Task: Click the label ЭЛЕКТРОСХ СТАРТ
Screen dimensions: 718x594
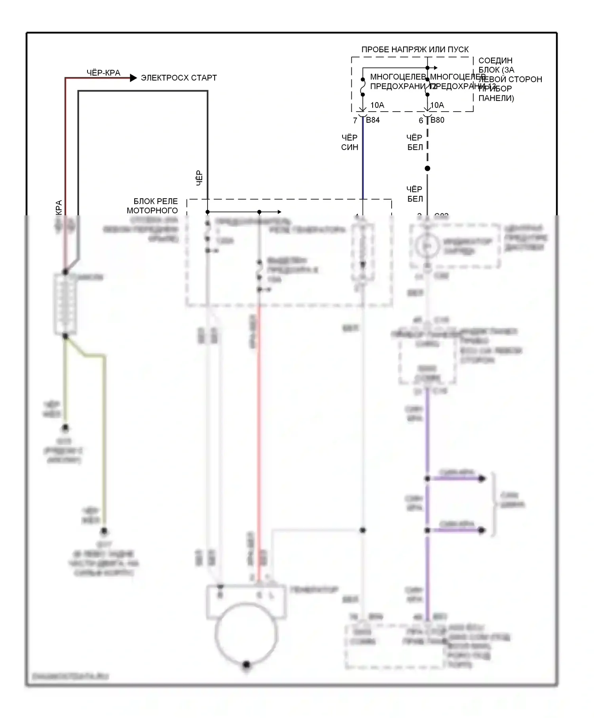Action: pos(179,78)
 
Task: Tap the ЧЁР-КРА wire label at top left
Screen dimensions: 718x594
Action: pos(103,73)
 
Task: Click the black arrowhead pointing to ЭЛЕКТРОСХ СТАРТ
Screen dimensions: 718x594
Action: pos(133,78)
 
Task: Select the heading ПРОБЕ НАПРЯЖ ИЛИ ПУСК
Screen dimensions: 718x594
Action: pos(415,49)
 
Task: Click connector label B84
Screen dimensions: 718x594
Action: pos(373,120)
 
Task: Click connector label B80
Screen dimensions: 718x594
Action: pos(437,120)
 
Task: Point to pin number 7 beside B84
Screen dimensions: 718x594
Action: pos(355,120)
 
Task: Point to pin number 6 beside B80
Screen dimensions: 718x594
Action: pos(421,120)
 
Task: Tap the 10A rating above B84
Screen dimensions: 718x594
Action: pos(377,105)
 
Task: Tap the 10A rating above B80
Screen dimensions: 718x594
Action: pos(437,105)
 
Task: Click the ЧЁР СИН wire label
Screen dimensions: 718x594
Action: pos(349,142)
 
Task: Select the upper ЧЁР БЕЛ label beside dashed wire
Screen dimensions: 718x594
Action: pos(415,142)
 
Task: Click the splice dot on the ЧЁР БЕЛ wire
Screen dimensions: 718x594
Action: pos(427,169)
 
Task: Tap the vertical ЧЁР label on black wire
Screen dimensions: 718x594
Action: pos(200,178)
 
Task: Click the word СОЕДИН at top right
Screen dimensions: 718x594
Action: pos(495,61)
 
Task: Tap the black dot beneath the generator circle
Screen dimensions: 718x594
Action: pos(246,664)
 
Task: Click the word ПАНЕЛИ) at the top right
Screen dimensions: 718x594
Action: pos(496,98)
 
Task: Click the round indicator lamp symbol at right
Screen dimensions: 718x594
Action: pos(427,246)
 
